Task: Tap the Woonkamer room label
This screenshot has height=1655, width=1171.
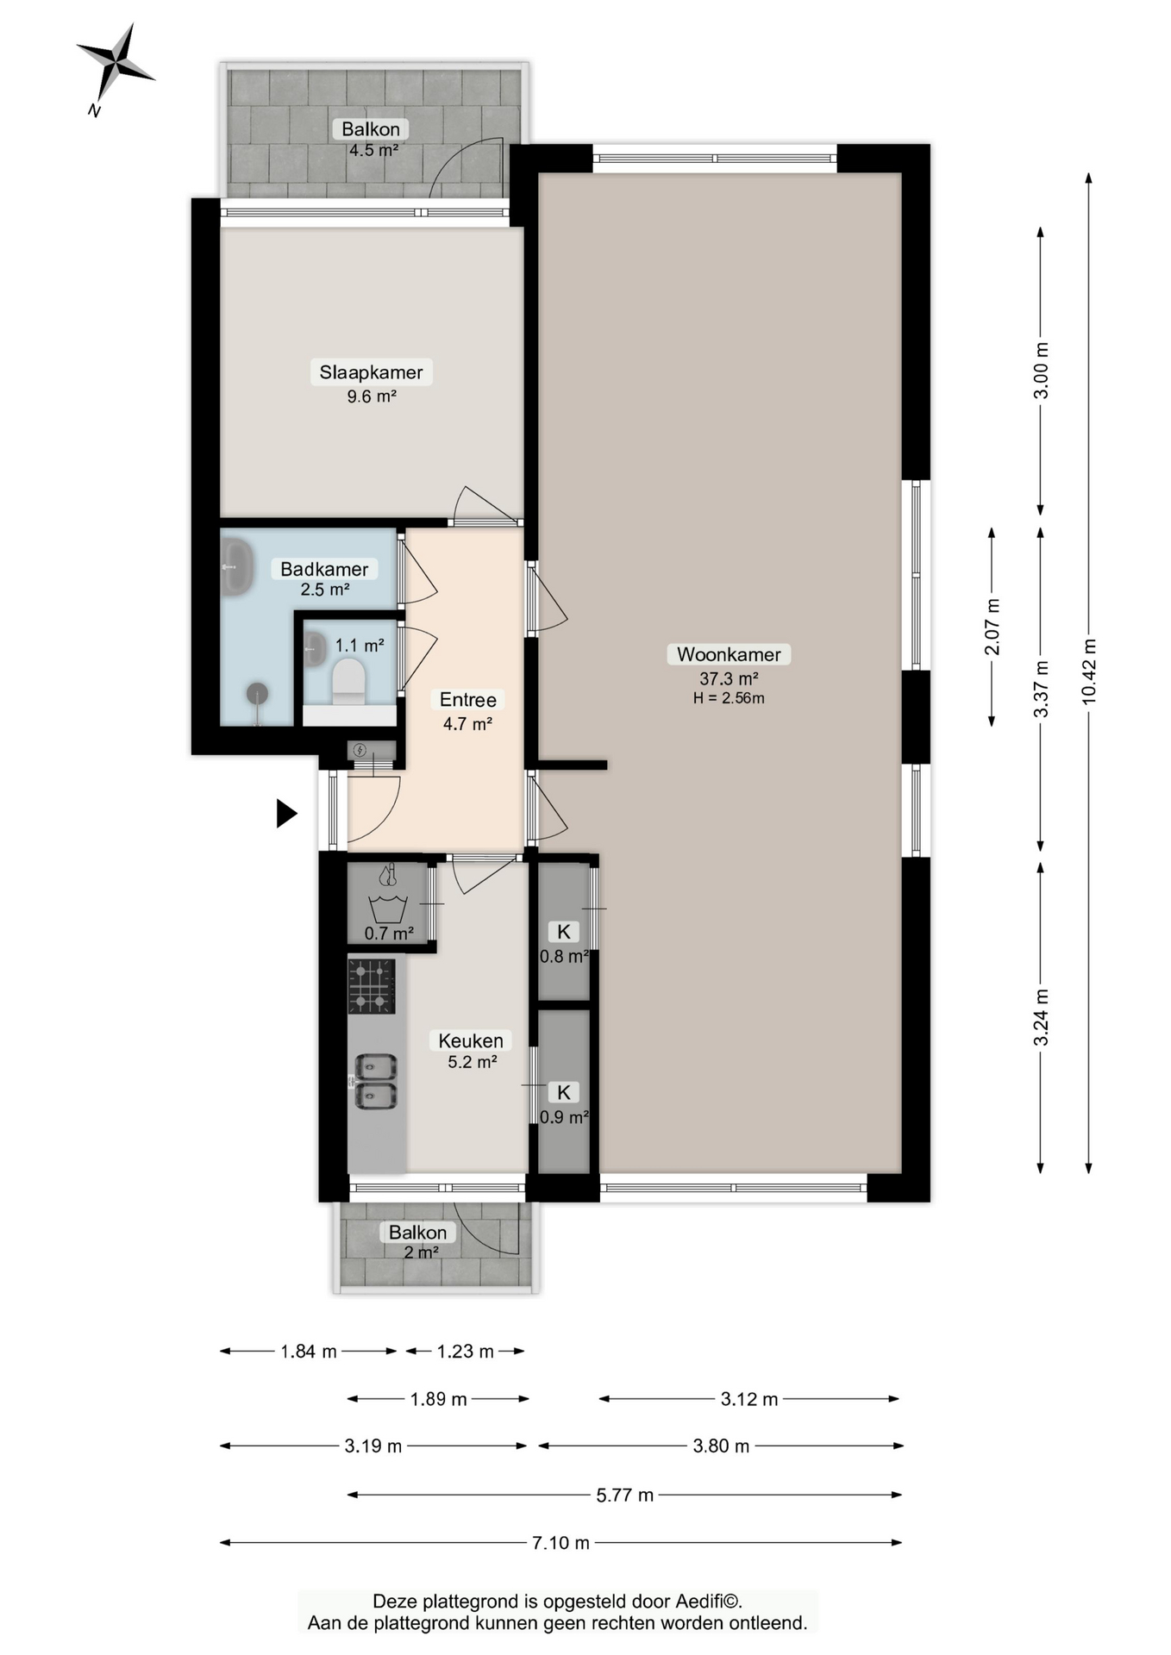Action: [729, 654]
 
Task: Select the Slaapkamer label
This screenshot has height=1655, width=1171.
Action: [371, 372]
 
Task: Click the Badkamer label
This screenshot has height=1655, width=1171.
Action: [324, 569]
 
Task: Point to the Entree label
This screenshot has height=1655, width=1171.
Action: [468, 700]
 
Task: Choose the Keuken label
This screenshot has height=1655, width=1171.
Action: [471, 1040]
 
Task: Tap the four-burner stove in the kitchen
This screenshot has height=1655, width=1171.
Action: [372, 986]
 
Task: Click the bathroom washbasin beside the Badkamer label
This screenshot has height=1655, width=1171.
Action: [236, 566]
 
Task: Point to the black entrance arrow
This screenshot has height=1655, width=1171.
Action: [286, 813]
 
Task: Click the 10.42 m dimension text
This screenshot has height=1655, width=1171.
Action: [1089, 671]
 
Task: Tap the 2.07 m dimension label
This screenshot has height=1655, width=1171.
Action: [993, 627]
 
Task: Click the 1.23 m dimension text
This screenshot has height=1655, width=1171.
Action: [466, 1351]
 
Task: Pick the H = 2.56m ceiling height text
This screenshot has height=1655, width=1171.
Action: [729, 698]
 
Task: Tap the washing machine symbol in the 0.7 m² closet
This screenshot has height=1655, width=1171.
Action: [387, 909]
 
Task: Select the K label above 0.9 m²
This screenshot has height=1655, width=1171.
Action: [564, 1092]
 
